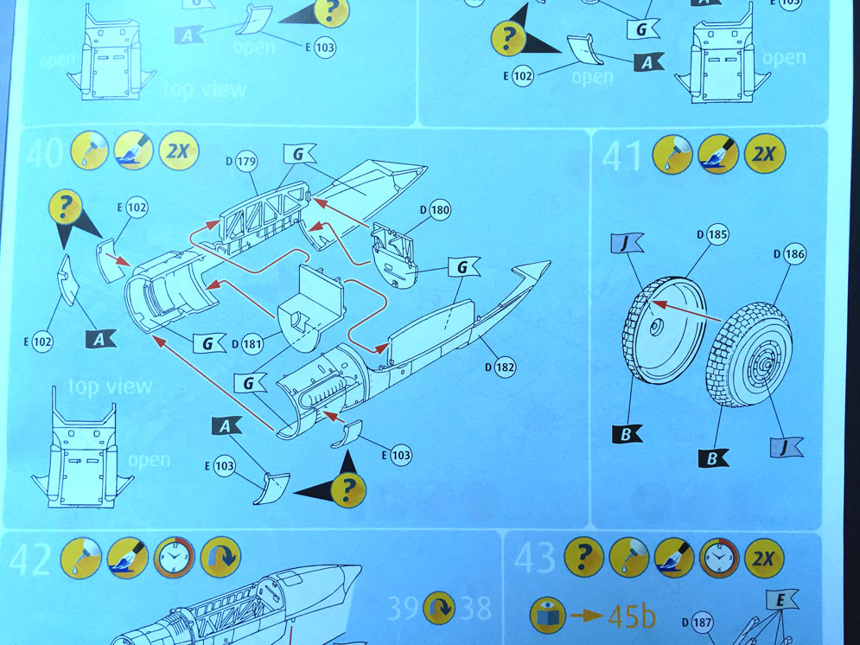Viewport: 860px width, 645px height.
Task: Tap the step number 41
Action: [x=622, y=156]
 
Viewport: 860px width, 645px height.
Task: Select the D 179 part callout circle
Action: [x=246, y=162]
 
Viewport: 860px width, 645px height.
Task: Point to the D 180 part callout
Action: [x=440, y=210]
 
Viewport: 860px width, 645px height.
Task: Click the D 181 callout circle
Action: [x=252, y=344]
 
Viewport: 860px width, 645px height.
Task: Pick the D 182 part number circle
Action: [x=505, y=367]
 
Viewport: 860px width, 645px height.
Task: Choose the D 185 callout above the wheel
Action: [x=717, y=235]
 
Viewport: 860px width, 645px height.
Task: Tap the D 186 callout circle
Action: [x=794, y=254]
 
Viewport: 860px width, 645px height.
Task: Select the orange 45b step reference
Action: [x=631, y=616]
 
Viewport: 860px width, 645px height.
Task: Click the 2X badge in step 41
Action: [x=765, y=153]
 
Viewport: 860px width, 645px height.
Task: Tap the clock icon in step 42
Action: [x=174, y=558]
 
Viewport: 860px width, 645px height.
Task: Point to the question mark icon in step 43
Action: [x=584, y=558]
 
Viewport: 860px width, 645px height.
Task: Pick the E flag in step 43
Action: [x=781, y=601]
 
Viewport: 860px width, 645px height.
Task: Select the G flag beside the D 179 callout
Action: [x=299, y=154]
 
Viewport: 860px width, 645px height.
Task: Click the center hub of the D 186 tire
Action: [x=768, y=364]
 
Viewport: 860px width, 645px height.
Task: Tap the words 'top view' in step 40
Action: [x=110, y=386]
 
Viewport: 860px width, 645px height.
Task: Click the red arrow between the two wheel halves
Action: [x=686, y=311]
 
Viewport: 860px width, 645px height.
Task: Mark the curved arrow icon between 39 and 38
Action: [x=439, y=608]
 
